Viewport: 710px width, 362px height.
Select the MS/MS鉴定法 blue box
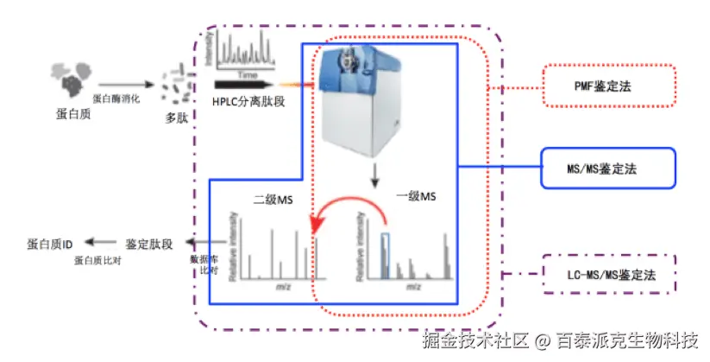(608, 168)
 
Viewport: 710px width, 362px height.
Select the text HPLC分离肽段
(249, 102)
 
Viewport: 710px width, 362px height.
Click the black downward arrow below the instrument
(374, 177)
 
